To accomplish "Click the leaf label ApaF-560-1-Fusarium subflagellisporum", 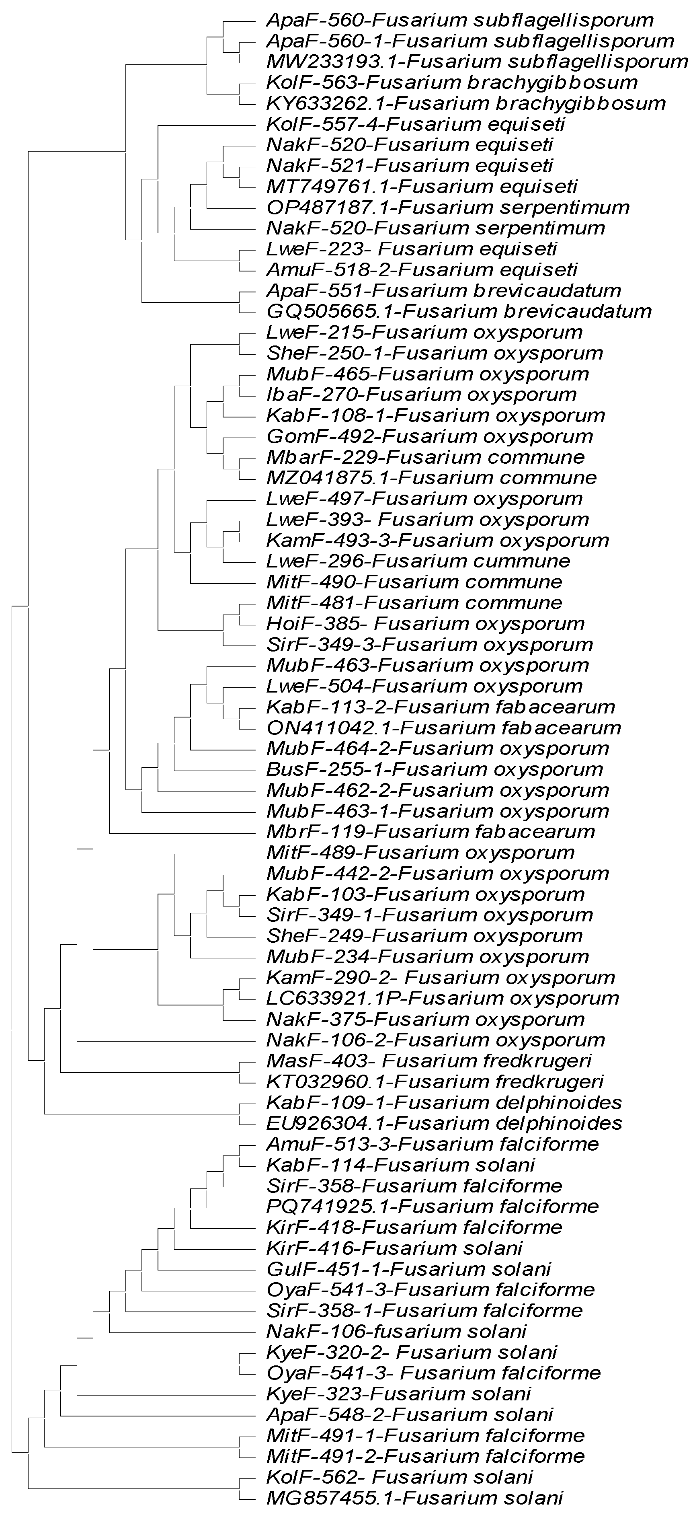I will pos(470,41).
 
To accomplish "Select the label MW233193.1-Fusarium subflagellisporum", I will pos(477,62).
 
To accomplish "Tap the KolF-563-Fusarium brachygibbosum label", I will pos(451,82).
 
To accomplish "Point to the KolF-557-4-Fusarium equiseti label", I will pos(415,124).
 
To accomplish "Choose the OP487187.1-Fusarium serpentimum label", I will pos(447,207).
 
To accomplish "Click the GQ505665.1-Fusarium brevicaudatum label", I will pos(459,311).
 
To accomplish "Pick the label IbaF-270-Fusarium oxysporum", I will pos(421,394).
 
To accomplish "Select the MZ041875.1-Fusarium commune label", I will pos(431,477).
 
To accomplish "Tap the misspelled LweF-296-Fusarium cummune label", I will pos(418,561).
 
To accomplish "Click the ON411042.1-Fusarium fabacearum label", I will pos(443,728).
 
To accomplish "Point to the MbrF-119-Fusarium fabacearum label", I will pos(431,832).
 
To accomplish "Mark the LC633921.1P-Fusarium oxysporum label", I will pos(442,998).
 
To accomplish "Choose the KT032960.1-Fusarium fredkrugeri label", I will pos(435,1081).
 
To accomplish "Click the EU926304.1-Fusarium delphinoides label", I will pos(444,1123).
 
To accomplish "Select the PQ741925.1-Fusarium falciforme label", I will pos(432,1206).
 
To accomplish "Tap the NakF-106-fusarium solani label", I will pos(396,1332).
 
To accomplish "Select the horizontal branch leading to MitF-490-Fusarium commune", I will pos(224,583).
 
